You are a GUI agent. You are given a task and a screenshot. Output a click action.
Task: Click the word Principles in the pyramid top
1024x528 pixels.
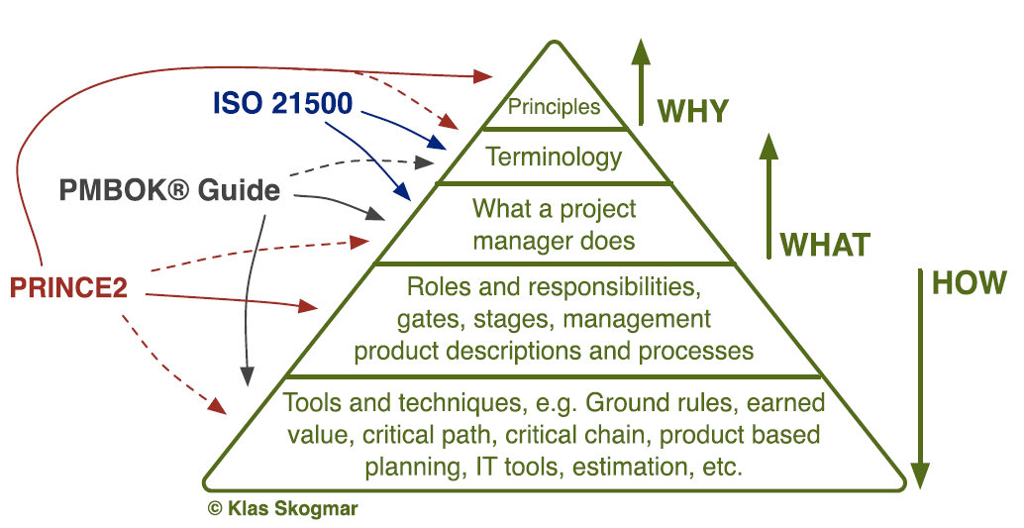(x=554, y=107)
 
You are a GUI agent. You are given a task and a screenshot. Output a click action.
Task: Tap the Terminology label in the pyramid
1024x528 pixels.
(x=554, y=158)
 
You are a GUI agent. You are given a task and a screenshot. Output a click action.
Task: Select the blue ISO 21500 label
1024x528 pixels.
(x=283, y=103)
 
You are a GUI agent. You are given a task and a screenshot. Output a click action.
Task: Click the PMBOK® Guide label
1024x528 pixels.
(x=169, y=190)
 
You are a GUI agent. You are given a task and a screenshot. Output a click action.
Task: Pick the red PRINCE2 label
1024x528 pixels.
(x=68, y=287)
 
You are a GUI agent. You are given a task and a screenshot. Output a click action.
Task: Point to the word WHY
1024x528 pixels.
(x=692, y=111)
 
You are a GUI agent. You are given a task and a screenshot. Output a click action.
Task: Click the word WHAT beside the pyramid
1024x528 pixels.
(x=826, y=245)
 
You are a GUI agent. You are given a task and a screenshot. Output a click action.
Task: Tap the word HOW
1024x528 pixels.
(x=970, y=283)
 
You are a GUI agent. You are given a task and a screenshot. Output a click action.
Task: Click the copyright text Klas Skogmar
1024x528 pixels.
(x=283, y=508)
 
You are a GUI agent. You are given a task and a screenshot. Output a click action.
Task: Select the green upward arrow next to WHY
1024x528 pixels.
(x=641, y=81)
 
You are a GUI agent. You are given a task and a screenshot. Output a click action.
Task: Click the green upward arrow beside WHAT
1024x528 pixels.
(x=769, y=196)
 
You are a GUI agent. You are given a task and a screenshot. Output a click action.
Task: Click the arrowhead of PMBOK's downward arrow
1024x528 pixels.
(x=247, y=376)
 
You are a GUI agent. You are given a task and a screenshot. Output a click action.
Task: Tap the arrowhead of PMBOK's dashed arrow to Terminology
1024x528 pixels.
(x=425, y=162)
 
